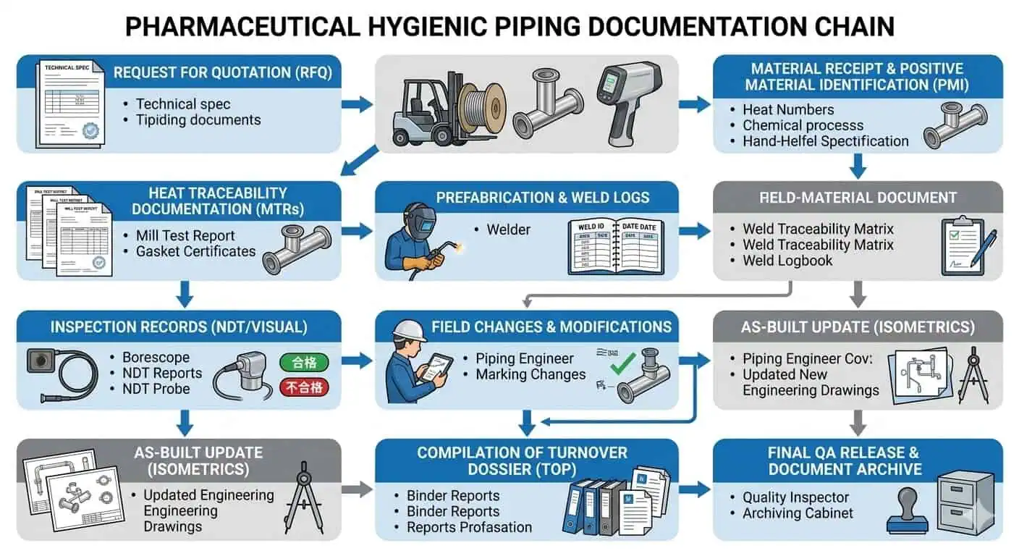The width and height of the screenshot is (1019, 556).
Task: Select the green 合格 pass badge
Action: (304, 363)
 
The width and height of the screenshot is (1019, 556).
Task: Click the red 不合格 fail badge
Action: (304, 388)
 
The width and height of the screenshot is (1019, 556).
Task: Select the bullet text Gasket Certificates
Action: (195, 252)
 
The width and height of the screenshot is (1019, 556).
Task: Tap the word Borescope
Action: (156, 358)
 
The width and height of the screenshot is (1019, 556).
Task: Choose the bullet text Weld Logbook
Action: (787, 261)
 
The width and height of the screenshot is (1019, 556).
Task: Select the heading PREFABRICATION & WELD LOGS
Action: (542, 197)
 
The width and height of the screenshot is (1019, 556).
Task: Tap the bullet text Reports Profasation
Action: (469, 527)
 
